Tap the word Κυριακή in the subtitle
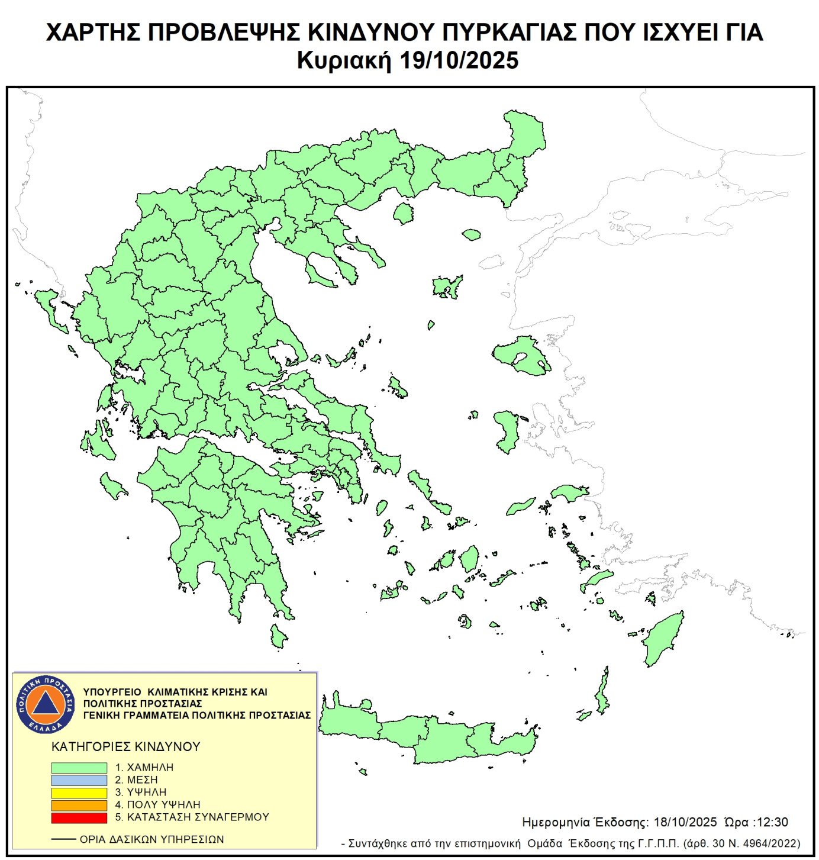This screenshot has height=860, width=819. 344,61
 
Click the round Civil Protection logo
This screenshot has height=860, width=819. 46,704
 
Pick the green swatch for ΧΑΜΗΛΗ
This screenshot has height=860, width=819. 79,768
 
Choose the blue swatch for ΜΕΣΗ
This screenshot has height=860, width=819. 79,780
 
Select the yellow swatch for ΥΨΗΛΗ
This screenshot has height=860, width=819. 79,793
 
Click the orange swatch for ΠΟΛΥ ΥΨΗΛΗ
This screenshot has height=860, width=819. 79,805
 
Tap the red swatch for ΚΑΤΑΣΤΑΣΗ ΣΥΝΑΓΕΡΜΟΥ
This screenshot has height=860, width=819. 79,817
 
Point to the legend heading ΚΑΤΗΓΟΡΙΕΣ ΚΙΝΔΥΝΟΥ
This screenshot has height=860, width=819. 126,747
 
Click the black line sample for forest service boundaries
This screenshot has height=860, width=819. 63,839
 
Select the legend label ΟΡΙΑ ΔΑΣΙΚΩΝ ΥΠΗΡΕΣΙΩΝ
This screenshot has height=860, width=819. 152,839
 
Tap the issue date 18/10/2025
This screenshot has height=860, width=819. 685,822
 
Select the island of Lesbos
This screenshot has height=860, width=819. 521,354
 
